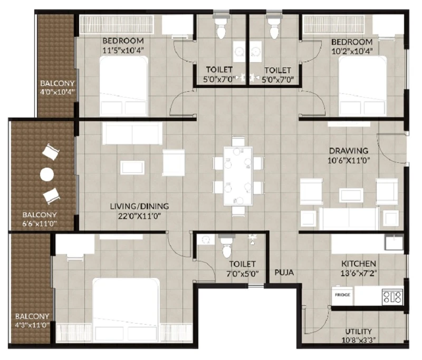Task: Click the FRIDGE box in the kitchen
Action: click(x=342, y=295)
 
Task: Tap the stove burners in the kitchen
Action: click(x=392, y=297)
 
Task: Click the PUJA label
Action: click(x=284, y=273)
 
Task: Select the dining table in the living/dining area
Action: click(x=238, y=176)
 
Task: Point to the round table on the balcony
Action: click(x=47, y=175)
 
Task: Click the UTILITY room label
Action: click(x=359, y=331)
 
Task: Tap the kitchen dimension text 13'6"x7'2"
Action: click(x=359, y=274)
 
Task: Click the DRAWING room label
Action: click(x=349, y=151)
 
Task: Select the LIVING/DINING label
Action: click(x=139, y=206)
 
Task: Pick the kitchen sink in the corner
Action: click(x=394, y=243)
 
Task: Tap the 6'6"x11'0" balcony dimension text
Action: click(x=40, y=223)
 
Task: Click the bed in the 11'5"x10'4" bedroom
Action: click(x=123, y=86)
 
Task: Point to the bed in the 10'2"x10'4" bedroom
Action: click(x=362, y=86)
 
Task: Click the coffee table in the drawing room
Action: click(x=351, y=195)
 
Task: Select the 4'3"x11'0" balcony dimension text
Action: click(x=32, y=325)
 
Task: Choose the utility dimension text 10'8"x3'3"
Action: click(x=359, y=340)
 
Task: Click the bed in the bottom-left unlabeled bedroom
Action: click(x=126, y=310)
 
